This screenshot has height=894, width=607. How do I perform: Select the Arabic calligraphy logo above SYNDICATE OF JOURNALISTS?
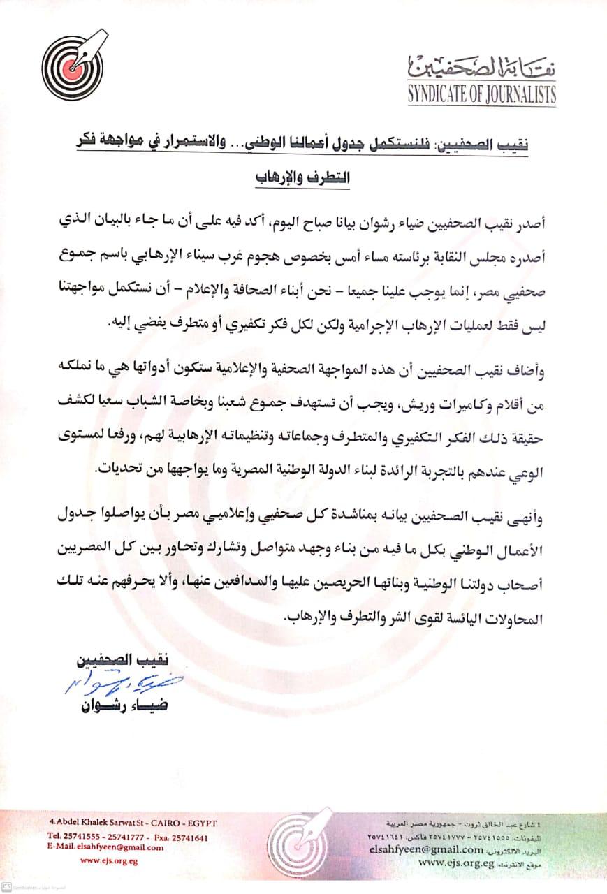pyautogui.click(x=481, y=67)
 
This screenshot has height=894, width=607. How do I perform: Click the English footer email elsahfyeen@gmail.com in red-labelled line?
pyautogui.click(x=120, y=847)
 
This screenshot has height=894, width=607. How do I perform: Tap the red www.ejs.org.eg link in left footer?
pyautogui.click(x=109, y=861)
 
